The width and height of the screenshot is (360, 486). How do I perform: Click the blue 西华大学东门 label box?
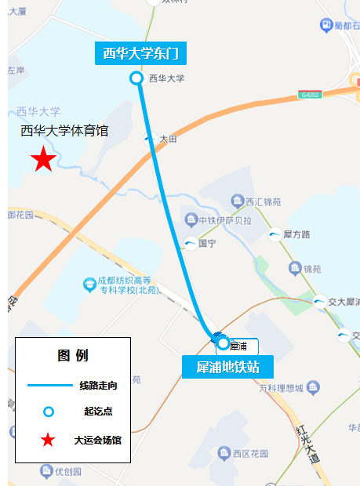click(141, 53)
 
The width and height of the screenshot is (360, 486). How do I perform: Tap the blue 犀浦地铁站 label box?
click(227, 367)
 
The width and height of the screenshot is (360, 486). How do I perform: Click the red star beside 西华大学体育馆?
click(43, 160)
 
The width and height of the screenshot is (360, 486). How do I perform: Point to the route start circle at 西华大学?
click(136, 78)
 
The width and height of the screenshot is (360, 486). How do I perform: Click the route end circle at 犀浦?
click(224, 343)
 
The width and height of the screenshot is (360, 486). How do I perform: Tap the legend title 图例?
click(73, 356)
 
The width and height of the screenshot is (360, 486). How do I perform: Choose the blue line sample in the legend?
click(49, 385)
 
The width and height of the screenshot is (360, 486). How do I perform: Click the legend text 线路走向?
click(98, 385)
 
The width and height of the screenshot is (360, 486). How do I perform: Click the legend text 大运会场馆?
click(98, 440)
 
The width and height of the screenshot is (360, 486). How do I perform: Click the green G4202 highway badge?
click(310, 96)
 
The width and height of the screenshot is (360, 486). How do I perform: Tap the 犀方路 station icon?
click(275, 234)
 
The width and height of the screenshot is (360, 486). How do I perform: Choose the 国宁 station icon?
click(191, 244)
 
